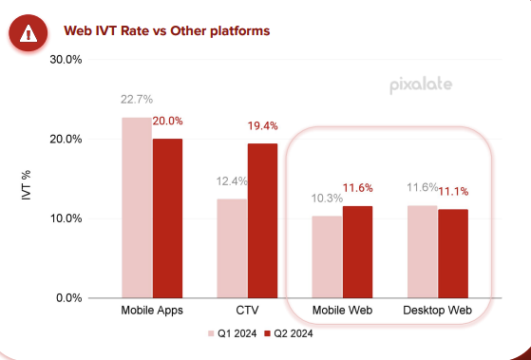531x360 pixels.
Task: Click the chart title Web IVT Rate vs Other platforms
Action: point(166,30)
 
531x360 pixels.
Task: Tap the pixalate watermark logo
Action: point(421,85)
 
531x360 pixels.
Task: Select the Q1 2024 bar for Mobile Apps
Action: point(137,207)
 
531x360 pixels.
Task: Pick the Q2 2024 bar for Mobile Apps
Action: point(168,218)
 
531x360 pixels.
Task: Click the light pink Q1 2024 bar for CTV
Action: point(232,248)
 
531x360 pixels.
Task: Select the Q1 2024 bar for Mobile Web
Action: point(327,256)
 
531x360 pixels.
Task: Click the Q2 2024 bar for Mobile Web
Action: point(358,252)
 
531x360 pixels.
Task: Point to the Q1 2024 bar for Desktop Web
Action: point(422,252)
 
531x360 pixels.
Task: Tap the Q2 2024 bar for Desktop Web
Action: point(453,254)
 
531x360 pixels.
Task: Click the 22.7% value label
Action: point(137,99)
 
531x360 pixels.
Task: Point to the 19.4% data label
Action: point(263,125)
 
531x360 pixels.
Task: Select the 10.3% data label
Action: point(327,198)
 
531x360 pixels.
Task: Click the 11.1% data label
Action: point(453,191)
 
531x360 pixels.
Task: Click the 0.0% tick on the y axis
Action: point(68,298)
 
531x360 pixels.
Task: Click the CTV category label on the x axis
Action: point(247,311)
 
